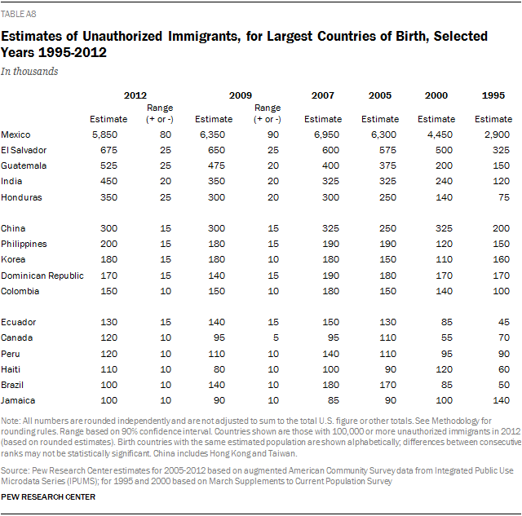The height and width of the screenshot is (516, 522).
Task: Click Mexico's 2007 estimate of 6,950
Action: [x=323, y=134]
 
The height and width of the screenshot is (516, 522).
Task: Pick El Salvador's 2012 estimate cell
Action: [x=108, y=149]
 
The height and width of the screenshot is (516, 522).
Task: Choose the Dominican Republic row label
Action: [x=42, y=276]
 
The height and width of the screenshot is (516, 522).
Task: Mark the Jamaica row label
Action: [x=19, y=400]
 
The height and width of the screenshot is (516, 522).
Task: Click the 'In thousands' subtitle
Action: [x=29, y=71]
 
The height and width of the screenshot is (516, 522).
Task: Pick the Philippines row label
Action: [x=24, y=244]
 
